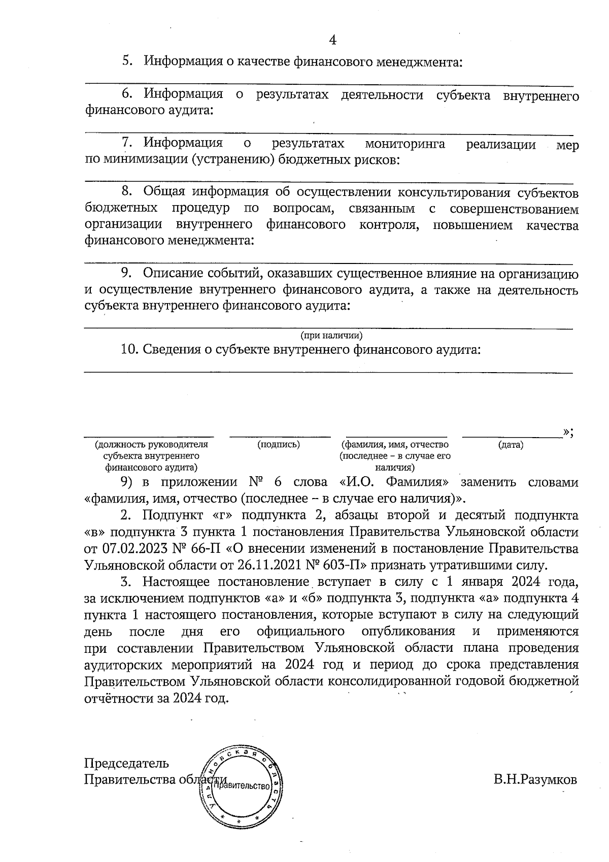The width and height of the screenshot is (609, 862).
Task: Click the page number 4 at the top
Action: coord(333,40)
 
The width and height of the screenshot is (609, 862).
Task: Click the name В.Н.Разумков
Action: coord(535,780)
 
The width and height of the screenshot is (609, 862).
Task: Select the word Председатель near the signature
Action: coord(126,763)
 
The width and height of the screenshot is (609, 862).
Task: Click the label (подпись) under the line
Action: coord(279,445)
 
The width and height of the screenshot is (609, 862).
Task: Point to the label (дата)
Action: coord(511,445)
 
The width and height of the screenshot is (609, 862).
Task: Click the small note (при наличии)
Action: coord(331,336)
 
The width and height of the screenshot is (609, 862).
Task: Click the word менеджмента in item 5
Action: coord(418,62)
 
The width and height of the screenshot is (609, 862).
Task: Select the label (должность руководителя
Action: coord(152,445)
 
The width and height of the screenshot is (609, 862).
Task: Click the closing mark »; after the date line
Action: coord(568,432)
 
